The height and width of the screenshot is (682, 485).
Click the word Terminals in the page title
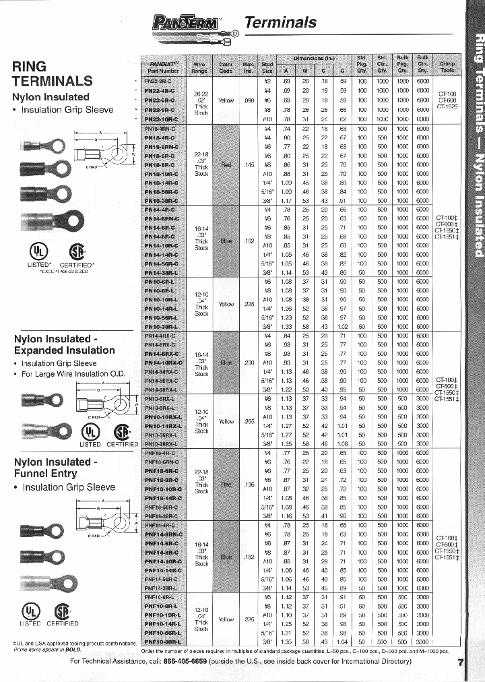pyautogui.click(x=280, y=22)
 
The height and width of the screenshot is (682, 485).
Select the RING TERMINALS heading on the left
pyautogui.click(x=52, y=74)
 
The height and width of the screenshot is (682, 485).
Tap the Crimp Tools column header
pyautogui.click(x=447, y=65)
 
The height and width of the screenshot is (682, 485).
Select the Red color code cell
pyautogui.click(x=226, y=163)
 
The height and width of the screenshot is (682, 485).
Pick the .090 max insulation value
pyautogui.click(x=249, y=100)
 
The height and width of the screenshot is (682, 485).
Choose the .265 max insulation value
pyautogui.click(x=249, y=421)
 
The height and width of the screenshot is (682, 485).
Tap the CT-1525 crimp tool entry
pyautogui.click(x=447, y=106)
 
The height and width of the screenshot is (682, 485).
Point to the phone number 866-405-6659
pyautogui.click(x=190, y=661)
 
